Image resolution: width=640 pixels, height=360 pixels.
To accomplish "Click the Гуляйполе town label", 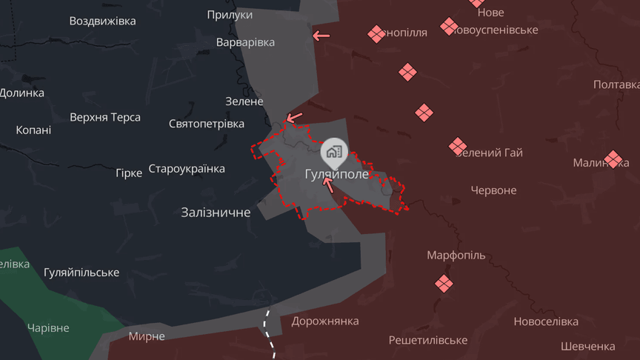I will (x=336, y=174).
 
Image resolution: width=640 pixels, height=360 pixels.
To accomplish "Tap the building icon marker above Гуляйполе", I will (x=333, y=153).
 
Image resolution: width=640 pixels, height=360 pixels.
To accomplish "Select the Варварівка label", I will (x=245, y=42).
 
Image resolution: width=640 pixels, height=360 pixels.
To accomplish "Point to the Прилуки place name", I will (x=230, y=15).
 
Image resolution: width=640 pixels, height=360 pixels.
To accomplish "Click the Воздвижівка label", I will (x=102, y=21).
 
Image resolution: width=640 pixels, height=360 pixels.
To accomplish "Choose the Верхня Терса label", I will (x=105, y=117).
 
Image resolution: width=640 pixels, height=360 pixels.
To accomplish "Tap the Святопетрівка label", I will (x=207, y=124).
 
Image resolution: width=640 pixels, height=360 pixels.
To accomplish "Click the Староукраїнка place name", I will (x=187, y=169).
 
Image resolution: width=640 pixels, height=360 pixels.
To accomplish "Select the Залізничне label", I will (x=216, y=213).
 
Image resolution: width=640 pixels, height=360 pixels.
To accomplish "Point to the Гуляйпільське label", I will (x=81, y=273).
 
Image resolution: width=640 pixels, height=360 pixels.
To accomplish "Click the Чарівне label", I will (x=48, y=328).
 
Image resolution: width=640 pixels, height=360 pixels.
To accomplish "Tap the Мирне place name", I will (x=147, y=336).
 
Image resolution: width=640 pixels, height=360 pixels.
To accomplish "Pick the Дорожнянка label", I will (x=325, y=321).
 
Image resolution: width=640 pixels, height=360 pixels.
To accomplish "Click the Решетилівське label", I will (x=428, y=340).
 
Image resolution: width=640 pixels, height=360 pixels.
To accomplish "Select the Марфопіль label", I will (x=456, y=256).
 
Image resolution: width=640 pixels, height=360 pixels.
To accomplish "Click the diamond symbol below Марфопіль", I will (x=444, y=284).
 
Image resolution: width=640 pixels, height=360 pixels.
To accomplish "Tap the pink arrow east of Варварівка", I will (x=321, y=35).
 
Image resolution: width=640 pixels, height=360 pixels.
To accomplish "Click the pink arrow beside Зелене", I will (x=294, y=117).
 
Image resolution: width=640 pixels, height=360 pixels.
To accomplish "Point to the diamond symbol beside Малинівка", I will (x=613, y=159).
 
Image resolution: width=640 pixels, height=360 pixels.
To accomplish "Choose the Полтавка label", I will (x=616, y=85).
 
